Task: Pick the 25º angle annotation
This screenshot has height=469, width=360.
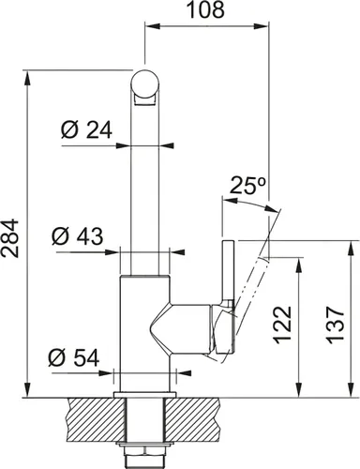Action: click(x=246, y=186)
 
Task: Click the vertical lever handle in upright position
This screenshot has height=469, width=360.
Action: click(x=226, y=272)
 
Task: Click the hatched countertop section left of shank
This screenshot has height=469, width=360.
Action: click(x=89, y=411)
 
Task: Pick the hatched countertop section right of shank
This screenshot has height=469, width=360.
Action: click(x=202, y=411)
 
